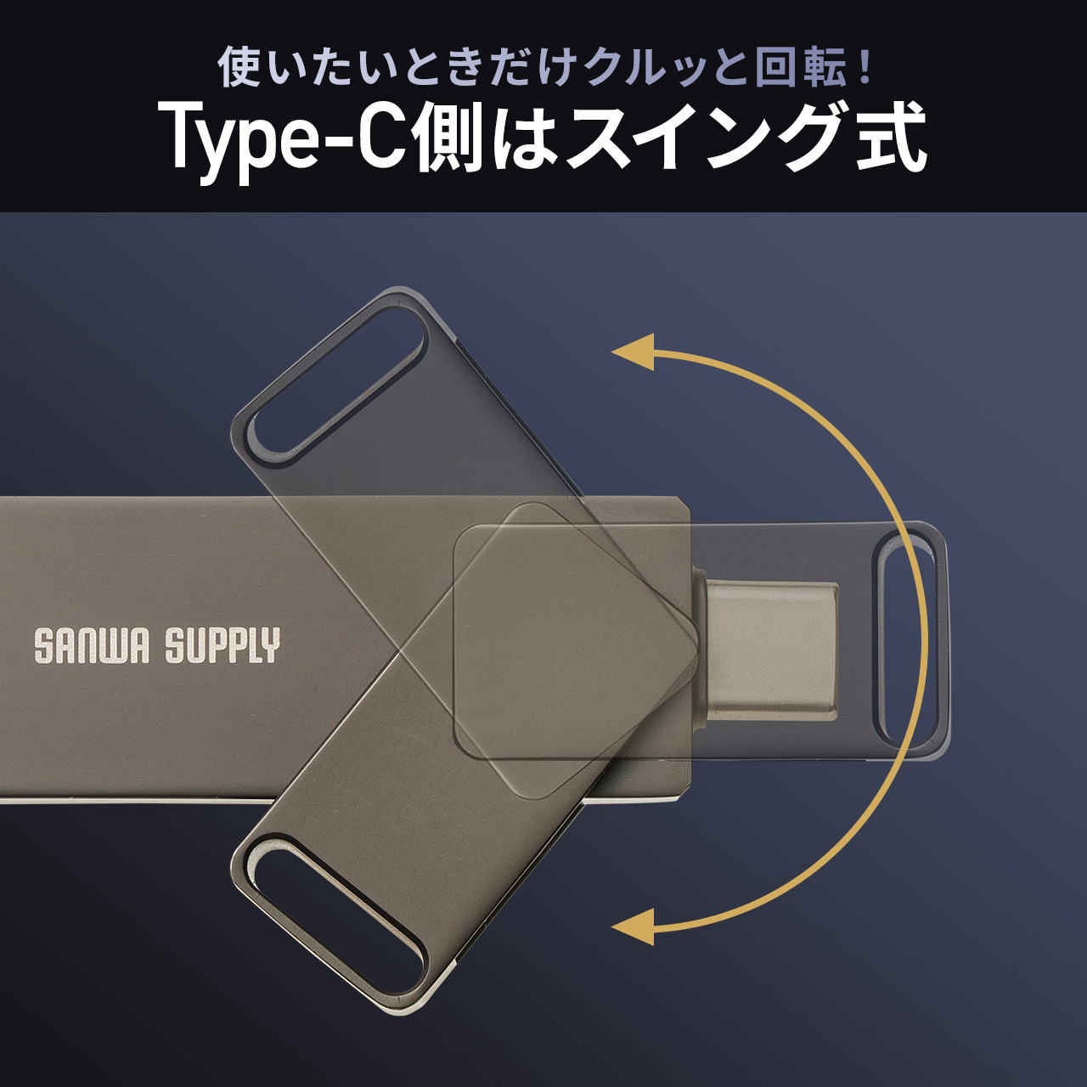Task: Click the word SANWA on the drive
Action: tap(92, 646)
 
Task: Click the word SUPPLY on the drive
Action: tap(222, 646)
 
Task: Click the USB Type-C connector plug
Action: tap(770, 652)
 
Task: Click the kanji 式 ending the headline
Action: tap(887, 138)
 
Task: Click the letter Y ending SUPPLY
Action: tap(271, 646)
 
